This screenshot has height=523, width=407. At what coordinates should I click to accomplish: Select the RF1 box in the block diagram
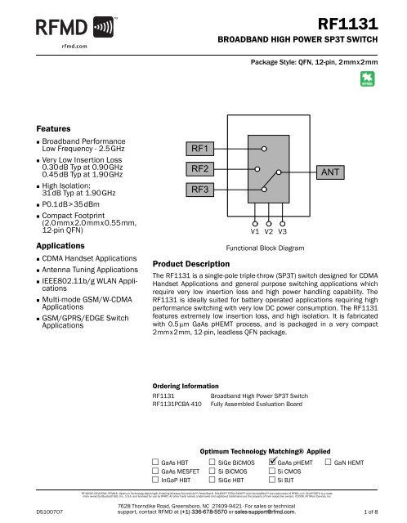(200, 149)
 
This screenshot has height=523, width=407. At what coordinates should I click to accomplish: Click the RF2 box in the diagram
(200, 169)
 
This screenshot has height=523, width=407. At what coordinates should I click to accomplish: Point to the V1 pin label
(255, 231)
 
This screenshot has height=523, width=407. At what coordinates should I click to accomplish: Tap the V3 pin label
(283, 231)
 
